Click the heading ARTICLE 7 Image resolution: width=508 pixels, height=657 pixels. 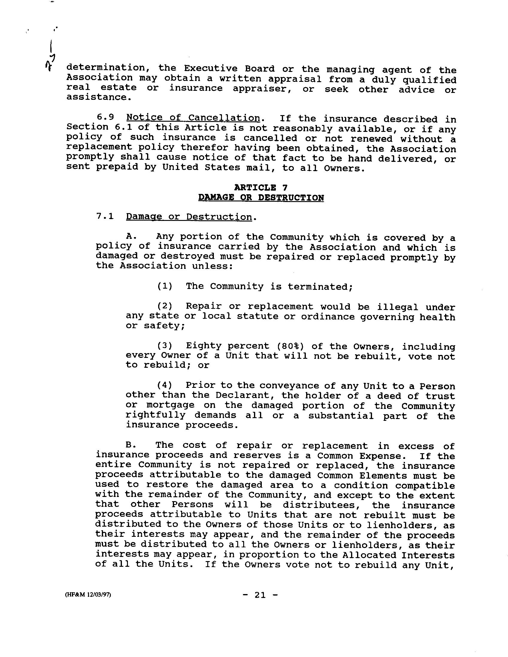coord(261,187)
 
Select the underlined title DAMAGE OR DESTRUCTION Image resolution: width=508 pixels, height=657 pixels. coord(261,198)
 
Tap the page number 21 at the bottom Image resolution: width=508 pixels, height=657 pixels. coord(260,595)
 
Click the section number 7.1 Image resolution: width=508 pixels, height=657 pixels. coord(105,216)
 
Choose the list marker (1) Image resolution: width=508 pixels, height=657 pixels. coord(165,286)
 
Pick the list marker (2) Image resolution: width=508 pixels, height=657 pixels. coord(165,306)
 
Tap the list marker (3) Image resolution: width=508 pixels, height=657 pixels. coord(165,346)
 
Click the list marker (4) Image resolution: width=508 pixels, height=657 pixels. coord(165,385)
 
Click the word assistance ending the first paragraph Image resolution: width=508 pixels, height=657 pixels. coord(98,97)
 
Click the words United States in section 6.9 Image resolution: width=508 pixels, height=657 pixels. coord(201,167)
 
